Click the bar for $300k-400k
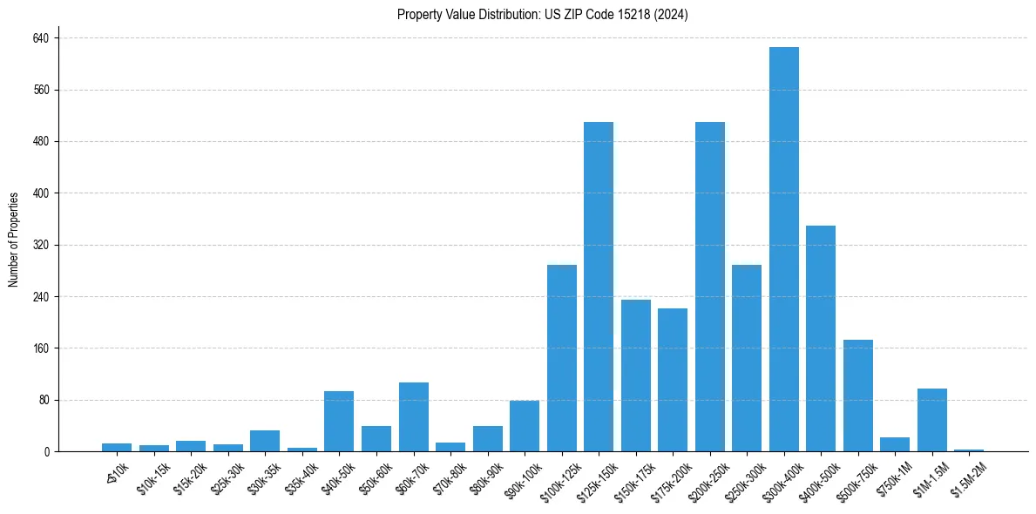(784, 249)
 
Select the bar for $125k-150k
(599, 287)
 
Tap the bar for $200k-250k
(710, 287)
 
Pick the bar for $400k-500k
(821, 338)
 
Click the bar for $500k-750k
(858, 396)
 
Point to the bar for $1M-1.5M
(932, 420)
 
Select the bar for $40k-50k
(339, 422)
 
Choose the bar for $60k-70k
(414, 417)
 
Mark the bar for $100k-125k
(562, 358)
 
